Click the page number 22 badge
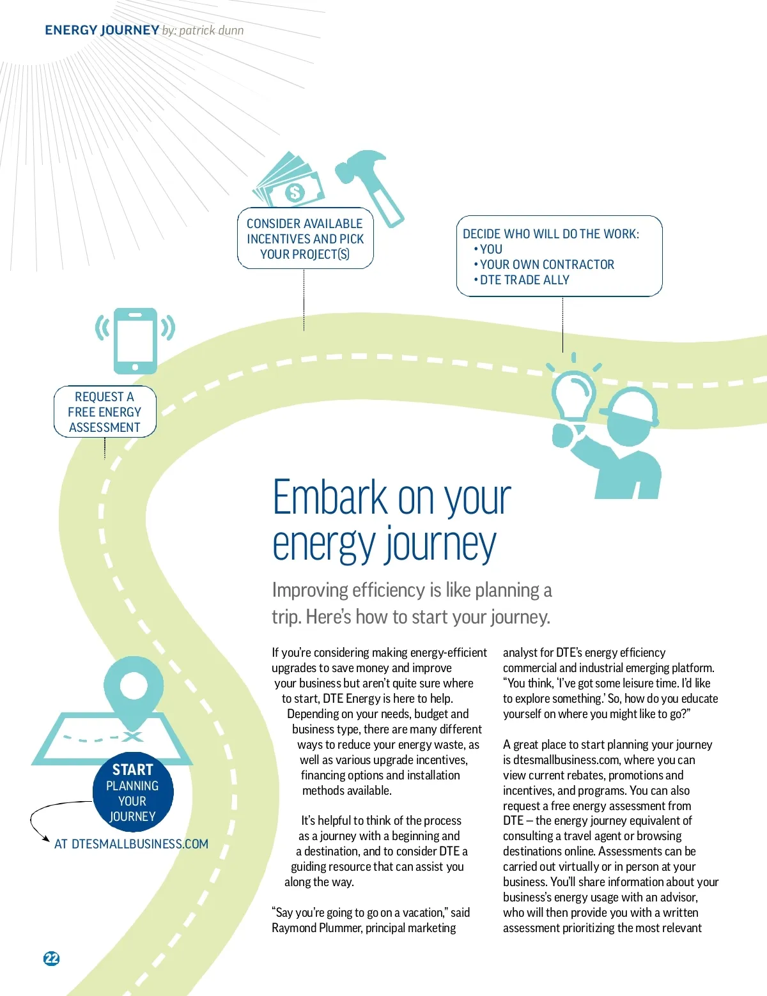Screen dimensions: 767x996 click(51, 958)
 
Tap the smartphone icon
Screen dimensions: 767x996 click(135, 341)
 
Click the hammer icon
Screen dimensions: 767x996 click(369, 188)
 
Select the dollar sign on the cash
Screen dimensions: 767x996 click(295, 192)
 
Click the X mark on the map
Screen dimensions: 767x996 click(132, 737)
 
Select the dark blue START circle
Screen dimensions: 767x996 click(133, 792)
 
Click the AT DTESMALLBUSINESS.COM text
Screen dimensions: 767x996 click(131, 844)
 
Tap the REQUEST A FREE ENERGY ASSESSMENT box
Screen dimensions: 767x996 click(105, 411)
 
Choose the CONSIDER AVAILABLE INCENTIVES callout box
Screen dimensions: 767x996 click(306, 238)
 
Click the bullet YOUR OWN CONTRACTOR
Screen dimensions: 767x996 click(544, 264)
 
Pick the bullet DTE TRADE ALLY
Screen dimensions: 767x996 click(522, 280)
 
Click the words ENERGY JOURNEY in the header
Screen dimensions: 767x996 click(102, 30)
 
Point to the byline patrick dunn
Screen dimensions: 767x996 click(212, 31)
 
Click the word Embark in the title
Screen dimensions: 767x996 click(330, 497)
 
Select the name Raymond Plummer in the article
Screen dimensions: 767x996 click(316, 928)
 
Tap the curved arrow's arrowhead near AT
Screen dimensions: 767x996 click(45, 838)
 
